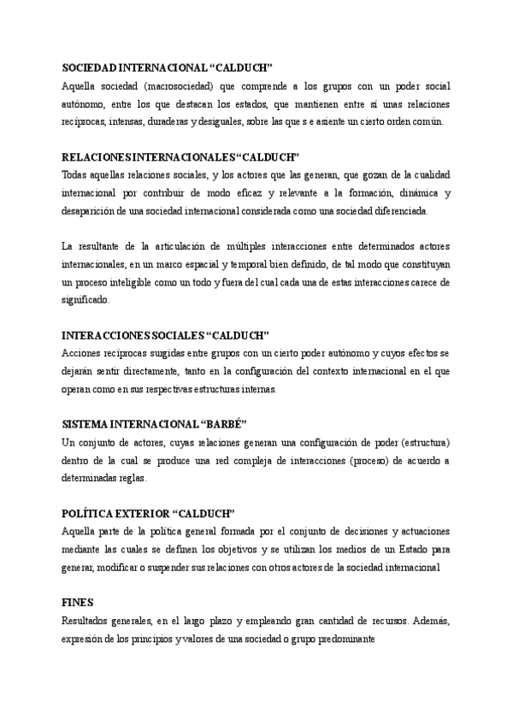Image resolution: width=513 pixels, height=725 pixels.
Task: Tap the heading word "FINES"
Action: (x=78, y=603)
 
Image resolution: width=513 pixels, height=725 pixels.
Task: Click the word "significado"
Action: (x=87, y=300)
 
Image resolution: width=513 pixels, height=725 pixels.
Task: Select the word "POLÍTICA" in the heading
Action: (x=90, y=513)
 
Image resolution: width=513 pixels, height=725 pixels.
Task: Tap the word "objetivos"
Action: (x=260, y=549)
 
